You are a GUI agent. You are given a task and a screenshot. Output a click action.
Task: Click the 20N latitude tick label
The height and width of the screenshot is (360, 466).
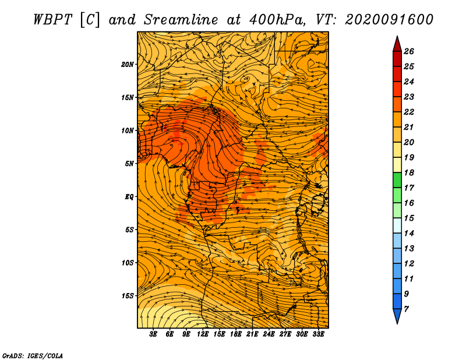[x=127, y=65]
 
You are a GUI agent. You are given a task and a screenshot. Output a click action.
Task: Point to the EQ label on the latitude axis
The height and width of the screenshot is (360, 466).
[x=129, y=197]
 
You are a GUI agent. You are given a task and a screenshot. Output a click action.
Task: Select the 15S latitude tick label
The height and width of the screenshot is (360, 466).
[x=127, y=296]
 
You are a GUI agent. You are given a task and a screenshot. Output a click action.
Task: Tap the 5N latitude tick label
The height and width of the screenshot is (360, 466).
[x=129, y=164]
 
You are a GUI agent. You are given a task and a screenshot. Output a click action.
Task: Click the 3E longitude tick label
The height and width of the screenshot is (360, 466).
[x=153, y=334]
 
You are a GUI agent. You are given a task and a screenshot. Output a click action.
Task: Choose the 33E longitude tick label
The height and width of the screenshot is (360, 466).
[x=318, y=334]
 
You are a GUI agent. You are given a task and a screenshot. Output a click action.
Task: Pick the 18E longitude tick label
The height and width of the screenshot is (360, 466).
[x=236, y=334]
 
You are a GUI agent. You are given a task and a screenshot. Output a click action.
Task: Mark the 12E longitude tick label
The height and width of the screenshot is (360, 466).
[x=203, y=334]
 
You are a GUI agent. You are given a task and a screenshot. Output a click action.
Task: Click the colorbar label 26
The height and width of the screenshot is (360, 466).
[x=409, y=51]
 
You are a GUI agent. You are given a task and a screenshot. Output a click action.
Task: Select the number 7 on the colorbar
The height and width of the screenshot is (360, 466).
[x=406, y=309]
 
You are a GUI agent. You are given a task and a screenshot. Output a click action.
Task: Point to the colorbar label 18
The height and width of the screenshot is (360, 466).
[x=409, y=172]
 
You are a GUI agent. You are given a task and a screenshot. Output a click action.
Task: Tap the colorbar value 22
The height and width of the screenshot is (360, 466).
[x=409, y=112]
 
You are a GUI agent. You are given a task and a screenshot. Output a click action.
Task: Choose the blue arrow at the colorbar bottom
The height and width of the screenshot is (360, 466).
[x=397, y=315]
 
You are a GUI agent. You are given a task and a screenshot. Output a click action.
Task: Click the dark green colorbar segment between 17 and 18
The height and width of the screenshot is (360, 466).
[x=397, y=180]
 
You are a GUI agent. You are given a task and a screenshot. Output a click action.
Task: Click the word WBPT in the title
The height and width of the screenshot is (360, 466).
[x=52, y=20]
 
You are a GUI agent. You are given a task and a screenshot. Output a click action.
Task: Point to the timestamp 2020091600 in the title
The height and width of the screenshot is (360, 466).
[x=389, y=20]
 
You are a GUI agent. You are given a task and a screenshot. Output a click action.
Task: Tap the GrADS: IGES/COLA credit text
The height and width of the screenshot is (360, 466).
[x=33, y=355]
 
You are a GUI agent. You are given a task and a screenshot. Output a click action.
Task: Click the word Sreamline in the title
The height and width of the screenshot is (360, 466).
[x=181, y=20]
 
